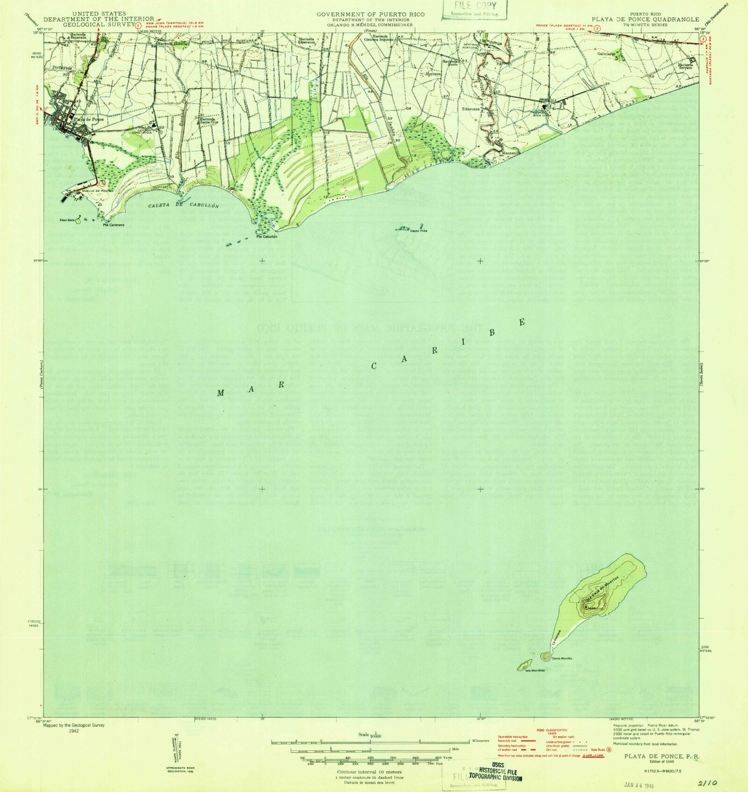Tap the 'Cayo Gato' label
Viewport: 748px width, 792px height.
point(68,221)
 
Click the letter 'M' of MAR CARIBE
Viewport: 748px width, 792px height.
point(221,392)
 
